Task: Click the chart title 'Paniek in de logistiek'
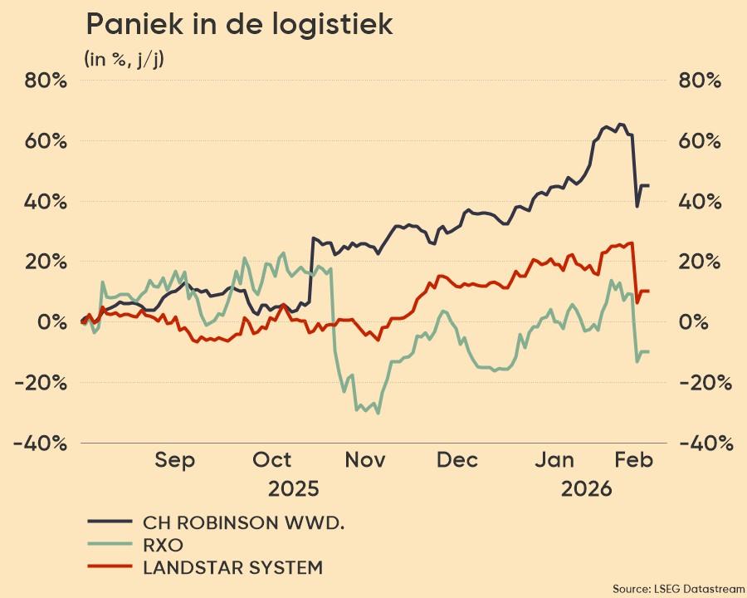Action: click(239, 25)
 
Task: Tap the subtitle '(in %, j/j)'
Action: click(124, 59)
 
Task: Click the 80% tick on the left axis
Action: click(45, 81)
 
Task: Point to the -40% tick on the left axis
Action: click(40, 443)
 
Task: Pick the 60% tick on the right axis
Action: click(700, 140)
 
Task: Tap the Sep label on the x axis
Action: click(175, 460)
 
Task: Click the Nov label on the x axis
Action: click(365, 460)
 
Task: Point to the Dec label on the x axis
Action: click(458, 460)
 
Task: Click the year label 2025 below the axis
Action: click(293, 488)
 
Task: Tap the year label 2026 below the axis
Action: click(586, 488)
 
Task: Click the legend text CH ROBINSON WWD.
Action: click(243, 522)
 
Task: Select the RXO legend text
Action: click(163, 546)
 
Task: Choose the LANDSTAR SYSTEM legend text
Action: click(232, 568)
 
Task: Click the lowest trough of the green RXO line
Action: click(378, 413)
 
